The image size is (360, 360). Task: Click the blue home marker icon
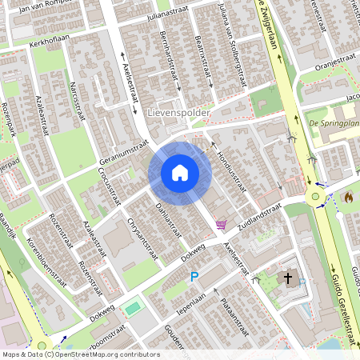[180, 172]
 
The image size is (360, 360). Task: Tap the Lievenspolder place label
[178, 114]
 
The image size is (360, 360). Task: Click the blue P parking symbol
[194, 277]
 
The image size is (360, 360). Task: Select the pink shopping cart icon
[220, 226]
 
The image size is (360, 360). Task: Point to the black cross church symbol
[287, 278]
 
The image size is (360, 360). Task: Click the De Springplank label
[334, 123]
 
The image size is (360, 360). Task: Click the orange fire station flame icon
[349, 196]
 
